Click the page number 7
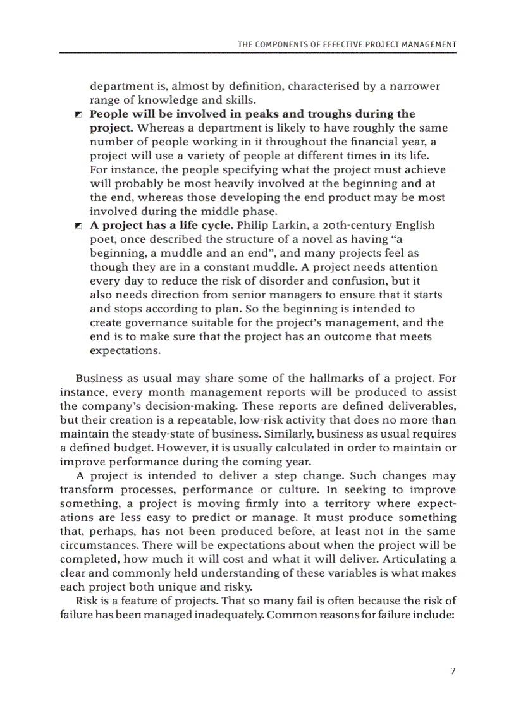[x=453, y=671]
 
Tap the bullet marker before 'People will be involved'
[x=78, y=114]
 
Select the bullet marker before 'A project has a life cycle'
[x=78, y=226]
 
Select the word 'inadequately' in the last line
[x=228, y=615]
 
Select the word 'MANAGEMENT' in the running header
[x=428, y=45]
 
